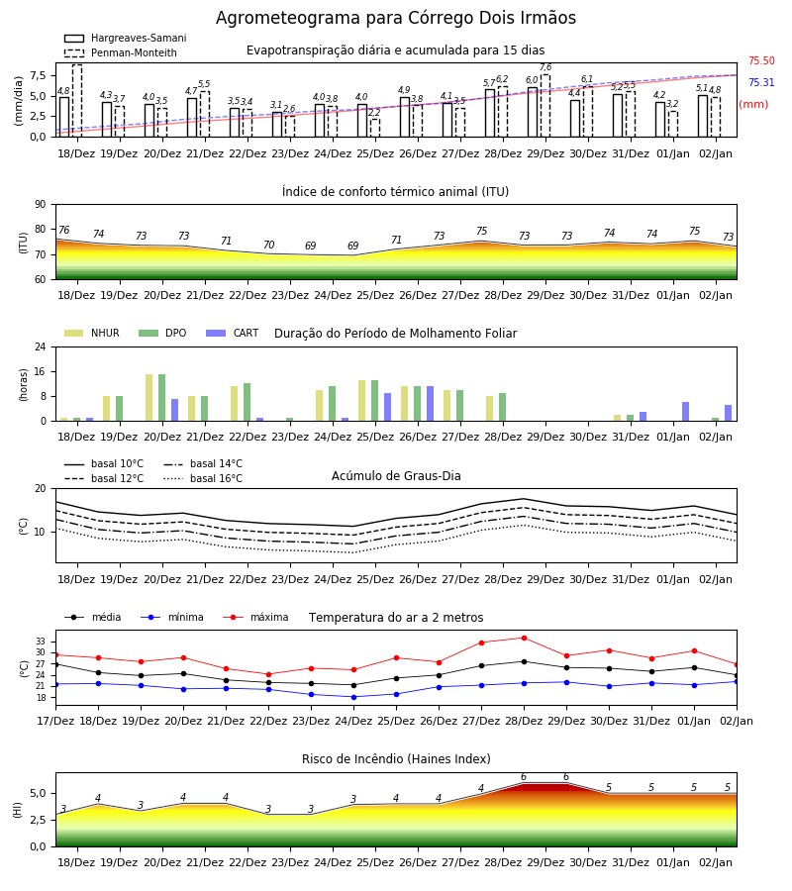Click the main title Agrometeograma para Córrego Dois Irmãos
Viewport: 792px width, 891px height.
click(396, 18)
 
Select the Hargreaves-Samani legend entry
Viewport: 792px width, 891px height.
click(126, 38)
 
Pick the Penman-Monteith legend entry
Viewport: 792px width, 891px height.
click(121, 52)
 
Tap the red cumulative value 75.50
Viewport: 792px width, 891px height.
click(761, 60)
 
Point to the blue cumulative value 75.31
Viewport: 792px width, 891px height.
click(761, 82)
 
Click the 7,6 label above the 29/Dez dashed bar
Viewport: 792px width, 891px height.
click(545, 67)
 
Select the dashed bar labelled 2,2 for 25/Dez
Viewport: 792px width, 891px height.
click(375, 128)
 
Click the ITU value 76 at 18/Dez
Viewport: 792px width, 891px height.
click(63, 230)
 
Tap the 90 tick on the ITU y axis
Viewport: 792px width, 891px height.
click(41, 204)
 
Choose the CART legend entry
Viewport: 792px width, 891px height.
click(233, 333)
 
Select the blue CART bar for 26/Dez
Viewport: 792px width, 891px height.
click(430, 404)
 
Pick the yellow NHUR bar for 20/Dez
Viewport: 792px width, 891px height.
click(148, 398)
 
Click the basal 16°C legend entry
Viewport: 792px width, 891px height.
click(203, 478)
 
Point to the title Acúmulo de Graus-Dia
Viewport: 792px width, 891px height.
click(396, 475)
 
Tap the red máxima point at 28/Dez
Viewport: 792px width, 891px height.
click(524, 638)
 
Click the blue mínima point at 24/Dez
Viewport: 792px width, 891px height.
click(354, 697)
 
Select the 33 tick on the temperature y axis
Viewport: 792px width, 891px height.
click(41, 641)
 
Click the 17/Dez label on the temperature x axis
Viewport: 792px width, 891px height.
click(55, 721)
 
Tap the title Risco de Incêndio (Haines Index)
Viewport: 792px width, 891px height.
click(396, 758)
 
